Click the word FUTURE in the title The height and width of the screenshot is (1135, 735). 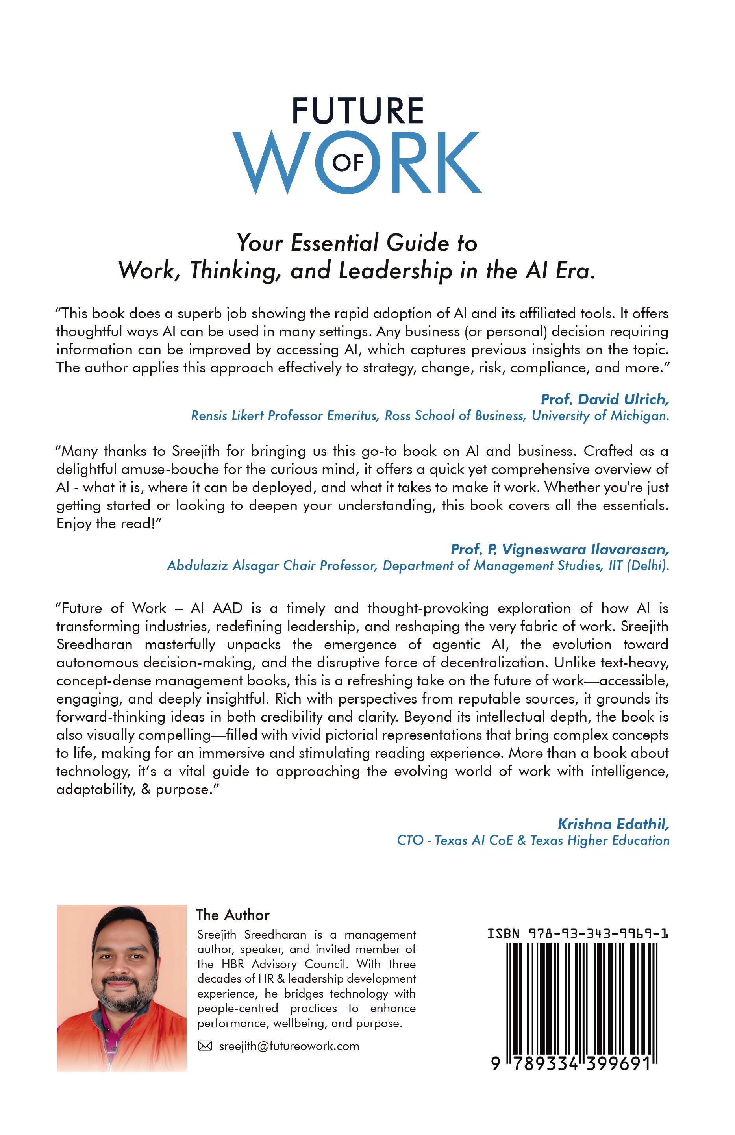pyautogui.click(x=357, y=111)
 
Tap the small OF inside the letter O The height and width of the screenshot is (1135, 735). pyautogui.click(x=348, y=163)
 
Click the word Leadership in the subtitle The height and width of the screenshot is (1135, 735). pyautogui.click(x=395, y=271)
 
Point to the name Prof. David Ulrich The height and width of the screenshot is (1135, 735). pyautogui.click(x=604, y=399)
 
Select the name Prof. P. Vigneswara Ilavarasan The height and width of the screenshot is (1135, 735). pyautogui.click(x=559, y=549)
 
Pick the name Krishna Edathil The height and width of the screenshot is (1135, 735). pyautogui.click(x=613, y=824)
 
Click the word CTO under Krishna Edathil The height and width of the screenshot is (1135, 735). pyautogui.click(x=410, y=840)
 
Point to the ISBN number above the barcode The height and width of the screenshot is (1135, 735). pyautogui.click(x=577, y=933)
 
